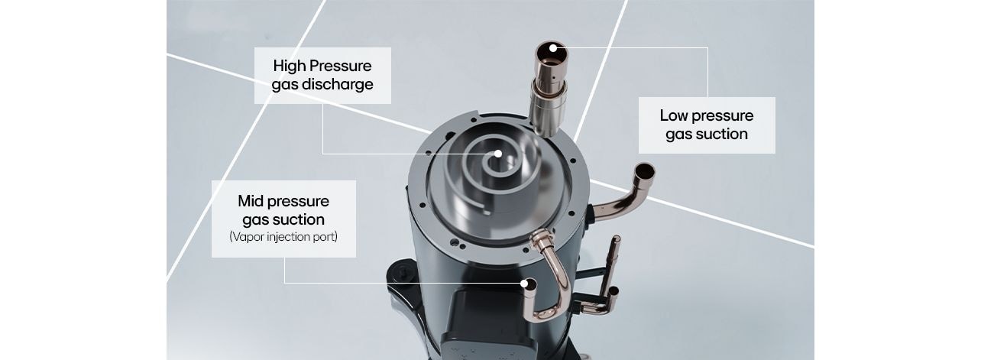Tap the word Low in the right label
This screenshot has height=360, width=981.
[x=674, y=115]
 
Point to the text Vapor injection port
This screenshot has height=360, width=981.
[x=283, y=237]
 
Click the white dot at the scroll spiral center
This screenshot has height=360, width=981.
[x=497, y=154]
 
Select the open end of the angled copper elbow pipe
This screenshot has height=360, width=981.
[x=644, y=170]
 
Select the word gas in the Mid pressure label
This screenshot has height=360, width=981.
[x=254, y=219]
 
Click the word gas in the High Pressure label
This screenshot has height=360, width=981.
[x=285, y=84]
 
